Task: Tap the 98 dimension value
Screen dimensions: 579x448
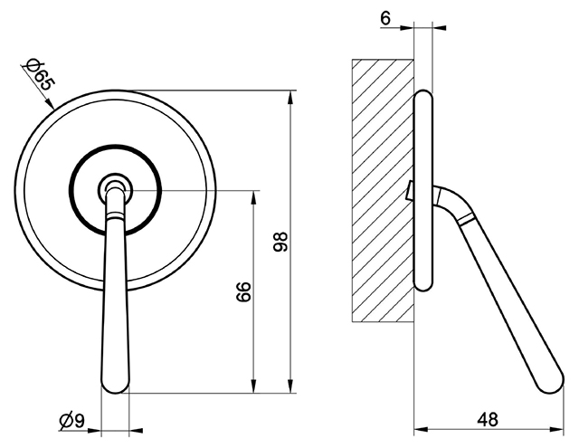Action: point(280,242)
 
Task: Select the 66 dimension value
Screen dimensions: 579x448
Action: point(243,291)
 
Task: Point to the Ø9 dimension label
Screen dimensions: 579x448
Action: point(72,421)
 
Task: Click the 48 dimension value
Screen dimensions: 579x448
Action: point(488,420)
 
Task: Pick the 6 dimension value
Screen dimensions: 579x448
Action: point(385,18)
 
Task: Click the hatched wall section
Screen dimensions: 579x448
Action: point(383,190)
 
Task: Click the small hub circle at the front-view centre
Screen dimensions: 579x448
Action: point(115,190)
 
